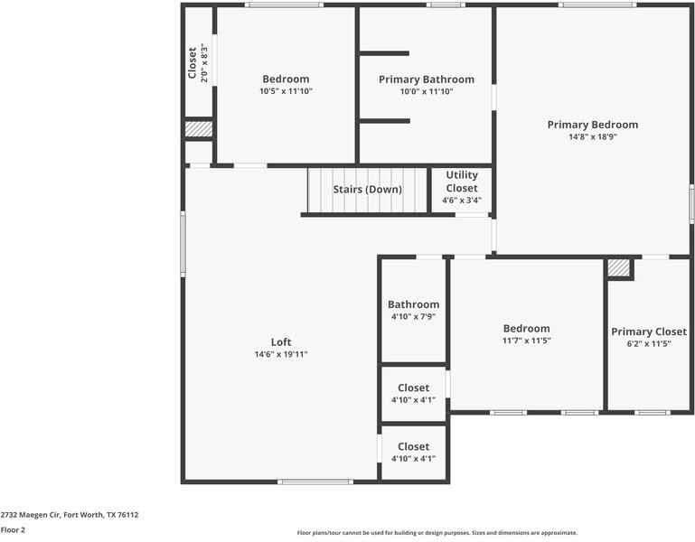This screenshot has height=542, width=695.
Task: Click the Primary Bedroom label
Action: (592, 125)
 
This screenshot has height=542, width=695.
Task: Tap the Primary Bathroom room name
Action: (426, 79)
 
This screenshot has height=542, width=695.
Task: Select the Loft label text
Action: (281, 341)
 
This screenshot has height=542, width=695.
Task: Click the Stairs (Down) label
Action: (367, 189)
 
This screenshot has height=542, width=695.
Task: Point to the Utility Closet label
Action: (461, 182)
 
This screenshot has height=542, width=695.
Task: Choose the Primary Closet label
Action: (648, 332)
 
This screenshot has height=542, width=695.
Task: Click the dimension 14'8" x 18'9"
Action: (592, 137)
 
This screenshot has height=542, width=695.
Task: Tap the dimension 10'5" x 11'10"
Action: (286, 91)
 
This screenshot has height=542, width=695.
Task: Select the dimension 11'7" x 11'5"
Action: (526, 341)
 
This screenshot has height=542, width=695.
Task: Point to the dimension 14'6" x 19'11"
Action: (281, 354)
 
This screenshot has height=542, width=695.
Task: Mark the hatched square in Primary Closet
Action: (618, 268)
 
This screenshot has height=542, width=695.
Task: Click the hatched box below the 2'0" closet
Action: (198, 129)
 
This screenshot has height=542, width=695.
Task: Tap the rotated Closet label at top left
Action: (193, 62)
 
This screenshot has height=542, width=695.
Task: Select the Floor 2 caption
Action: (13, 530)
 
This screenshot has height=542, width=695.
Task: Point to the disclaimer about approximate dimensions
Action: (437, 533)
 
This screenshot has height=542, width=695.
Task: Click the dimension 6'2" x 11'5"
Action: (648, 344)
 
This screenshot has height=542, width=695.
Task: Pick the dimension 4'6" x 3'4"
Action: (461, 200)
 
